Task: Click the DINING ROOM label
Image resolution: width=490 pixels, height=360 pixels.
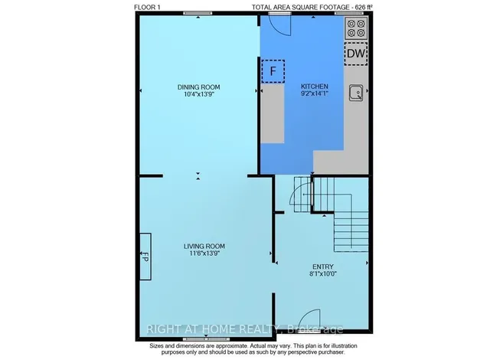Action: point(198,87)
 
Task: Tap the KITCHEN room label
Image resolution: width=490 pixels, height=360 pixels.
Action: point(314,87)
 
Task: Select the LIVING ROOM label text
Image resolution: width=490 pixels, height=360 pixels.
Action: point(204,246)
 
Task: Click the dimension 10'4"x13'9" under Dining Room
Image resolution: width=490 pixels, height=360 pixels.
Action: point(198,96)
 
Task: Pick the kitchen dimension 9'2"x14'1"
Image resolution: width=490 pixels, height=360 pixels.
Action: point(314,96)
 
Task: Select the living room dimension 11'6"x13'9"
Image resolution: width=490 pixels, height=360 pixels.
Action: point(204,254)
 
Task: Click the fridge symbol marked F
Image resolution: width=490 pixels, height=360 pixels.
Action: point(273,71)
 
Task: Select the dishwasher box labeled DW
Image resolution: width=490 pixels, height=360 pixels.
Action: point(355,54)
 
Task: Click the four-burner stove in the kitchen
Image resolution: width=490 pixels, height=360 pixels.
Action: point(355,28)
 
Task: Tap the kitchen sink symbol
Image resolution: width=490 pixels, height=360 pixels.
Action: point(356,93)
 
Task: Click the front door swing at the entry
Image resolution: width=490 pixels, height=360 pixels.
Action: point(308,318)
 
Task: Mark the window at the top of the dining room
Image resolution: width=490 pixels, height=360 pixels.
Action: point(198,13)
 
